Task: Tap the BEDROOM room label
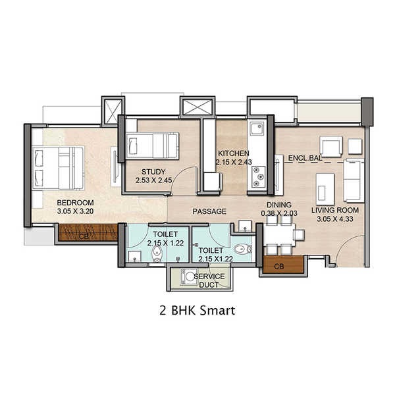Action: (75, 202)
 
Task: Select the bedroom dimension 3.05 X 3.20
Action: (75, 211)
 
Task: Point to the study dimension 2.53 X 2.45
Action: (153, 180)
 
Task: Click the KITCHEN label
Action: (232, 153)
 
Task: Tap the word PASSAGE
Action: (209, 211)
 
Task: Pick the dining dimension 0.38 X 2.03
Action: (280, 213)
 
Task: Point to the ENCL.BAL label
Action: (304, 159)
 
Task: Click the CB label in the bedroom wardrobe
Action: (84, 234)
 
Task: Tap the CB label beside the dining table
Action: (278, 266)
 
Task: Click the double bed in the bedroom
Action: (59, 167)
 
